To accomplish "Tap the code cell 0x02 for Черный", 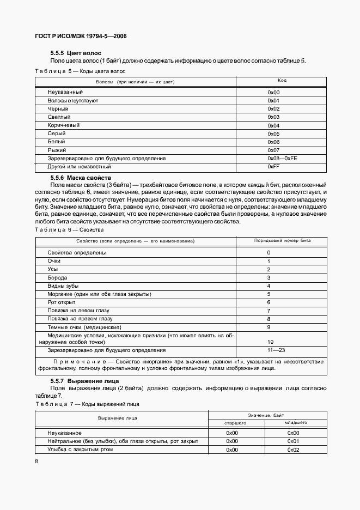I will (273, 109).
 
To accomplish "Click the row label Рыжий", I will (57, 150).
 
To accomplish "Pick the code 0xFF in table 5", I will (273, 166).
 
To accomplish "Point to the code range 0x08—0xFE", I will (282, 158).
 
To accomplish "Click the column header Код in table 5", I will (282, 81).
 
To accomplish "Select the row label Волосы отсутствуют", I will (72, 101).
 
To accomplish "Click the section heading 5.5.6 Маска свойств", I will (81, 178).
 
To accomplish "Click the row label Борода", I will (58, 278).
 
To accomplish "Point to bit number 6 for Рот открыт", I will (269, 302).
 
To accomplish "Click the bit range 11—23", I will (269, 350).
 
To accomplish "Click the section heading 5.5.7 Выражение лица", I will (84, 380).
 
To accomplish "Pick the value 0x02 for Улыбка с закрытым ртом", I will (294, 450).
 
